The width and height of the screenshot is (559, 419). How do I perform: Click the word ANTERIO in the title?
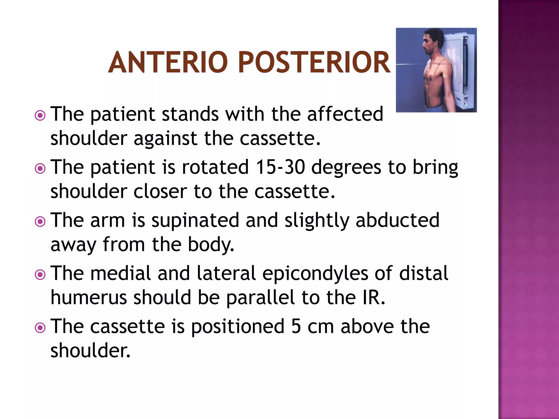tap(168, 62)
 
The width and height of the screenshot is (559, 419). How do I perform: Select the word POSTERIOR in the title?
tap(314, 62)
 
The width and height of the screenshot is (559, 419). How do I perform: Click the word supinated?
tap(195, 220)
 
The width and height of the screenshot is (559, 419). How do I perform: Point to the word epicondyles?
tap(315, 274)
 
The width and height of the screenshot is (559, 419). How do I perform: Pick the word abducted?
tap(397, 220)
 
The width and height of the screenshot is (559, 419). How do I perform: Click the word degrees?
tap(346, 167)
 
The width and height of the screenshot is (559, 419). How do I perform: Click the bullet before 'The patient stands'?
tap(40, 116)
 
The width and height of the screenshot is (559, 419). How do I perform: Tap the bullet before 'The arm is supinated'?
tap(40, 222)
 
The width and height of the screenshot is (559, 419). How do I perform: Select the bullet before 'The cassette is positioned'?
tap(40, 328)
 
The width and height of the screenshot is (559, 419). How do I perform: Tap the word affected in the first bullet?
tap(345, 114)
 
